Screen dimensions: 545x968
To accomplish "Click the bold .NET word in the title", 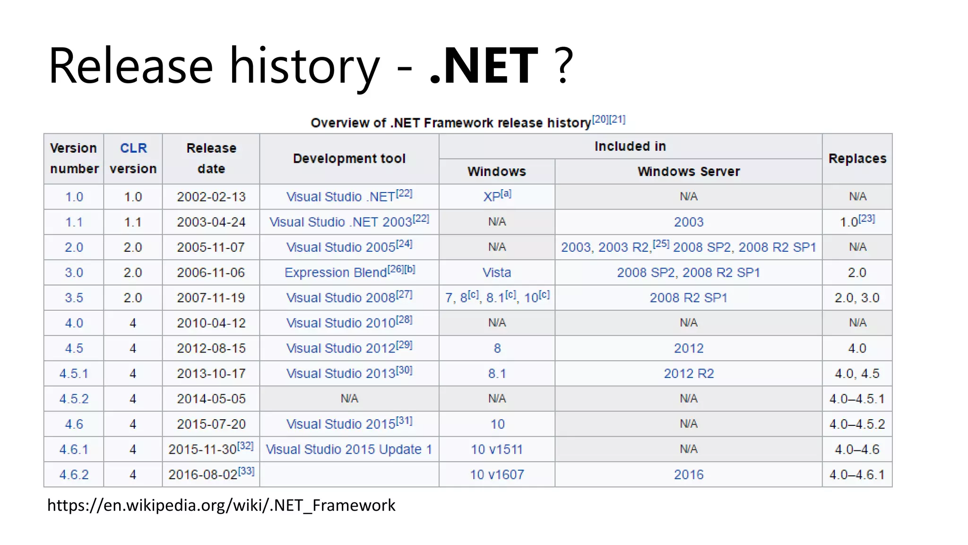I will point(484,66).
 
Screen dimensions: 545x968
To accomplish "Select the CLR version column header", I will point(133,158).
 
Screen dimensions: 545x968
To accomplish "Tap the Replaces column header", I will point(857,158).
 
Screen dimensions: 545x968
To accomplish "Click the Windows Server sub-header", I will point(688,171).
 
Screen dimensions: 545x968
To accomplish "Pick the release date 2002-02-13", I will point(211,197).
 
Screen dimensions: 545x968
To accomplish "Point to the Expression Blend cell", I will point(349,272).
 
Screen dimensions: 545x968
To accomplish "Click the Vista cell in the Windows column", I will point(496,272).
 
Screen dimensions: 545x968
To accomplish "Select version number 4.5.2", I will point(74,399).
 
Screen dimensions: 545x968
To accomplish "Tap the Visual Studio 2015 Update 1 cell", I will point(349,449).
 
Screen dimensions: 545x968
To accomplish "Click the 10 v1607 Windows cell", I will point(496,475).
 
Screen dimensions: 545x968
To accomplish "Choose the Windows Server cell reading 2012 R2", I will point(688,373).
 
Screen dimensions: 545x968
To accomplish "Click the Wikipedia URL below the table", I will point(221,505).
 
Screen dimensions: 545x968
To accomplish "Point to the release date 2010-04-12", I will point(211,323).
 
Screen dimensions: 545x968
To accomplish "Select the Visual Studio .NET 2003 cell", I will point(349,222).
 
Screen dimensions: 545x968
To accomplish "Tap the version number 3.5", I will point(74,298).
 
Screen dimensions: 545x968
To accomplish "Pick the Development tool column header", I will point(349,158).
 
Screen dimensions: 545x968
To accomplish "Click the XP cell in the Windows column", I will point(496,196).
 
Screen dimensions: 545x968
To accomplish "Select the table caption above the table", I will point(467,123).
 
